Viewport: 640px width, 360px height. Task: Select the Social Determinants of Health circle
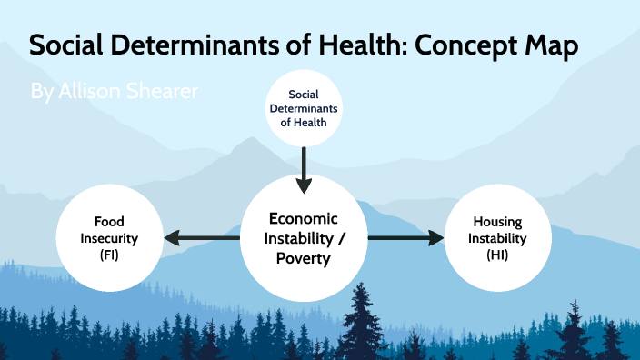304,108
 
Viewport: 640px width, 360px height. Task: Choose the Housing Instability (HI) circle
497,238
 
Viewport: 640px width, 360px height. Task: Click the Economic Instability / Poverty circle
303,238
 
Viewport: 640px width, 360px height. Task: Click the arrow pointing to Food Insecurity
200,238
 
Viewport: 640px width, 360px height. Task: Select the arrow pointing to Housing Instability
406,238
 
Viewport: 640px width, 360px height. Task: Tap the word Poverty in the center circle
303,258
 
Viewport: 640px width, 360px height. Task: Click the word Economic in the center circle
303,219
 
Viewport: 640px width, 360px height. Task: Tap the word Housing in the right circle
497,222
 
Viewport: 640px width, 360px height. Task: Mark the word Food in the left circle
109,222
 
